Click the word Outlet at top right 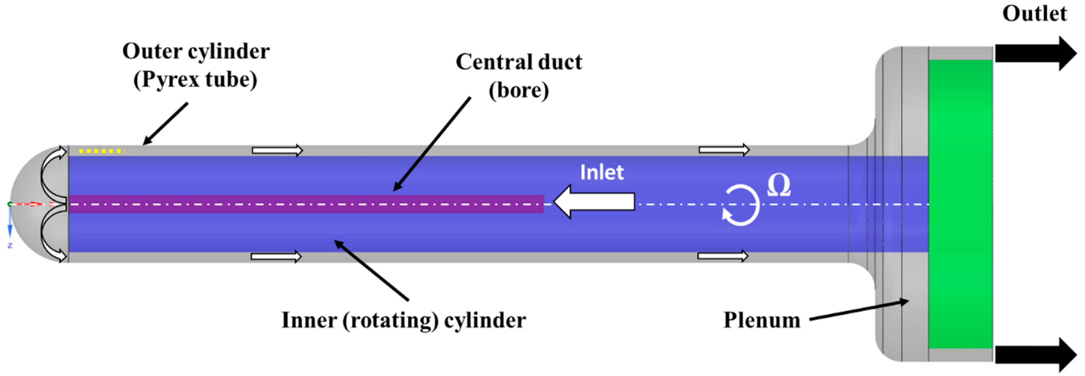[x=1034, y=14]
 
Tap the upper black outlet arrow [x=1034, y=53]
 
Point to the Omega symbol [x=779, y=186]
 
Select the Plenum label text [x=761, y=320]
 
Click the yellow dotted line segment [x=101, y=151]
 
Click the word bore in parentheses [x=519, y=90]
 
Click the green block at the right [x=961, y=204]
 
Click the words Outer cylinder [x=196, y=51]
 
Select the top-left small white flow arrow [x=277, y=150]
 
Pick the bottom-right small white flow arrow [x=723, y=256]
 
